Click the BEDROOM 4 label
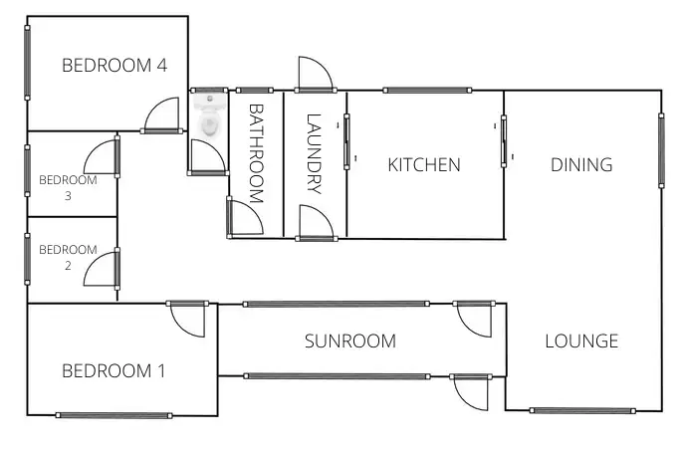[114, 66]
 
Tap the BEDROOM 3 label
[68, 188]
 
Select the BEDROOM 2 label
[68, 257]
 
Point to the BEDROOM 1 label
[114, 371]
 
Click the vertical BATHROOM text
[255, 153]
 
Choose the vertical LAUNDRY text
[315, 153]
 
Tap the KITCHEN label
[424, 165]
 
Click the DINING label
[581, 165]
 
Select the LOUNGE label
[581, 341]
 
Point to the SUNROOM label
[349, 341]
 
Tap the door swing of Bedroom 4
[162, 116]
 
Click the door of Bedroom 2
[103, 269]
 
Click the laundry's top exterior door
[314, 75]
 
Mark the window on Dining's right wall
[661, 149]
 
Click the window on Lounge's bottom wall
[581, 410]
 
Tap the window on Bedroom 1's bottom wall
[114, 415]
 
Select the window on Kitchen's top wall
[426, 91]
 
